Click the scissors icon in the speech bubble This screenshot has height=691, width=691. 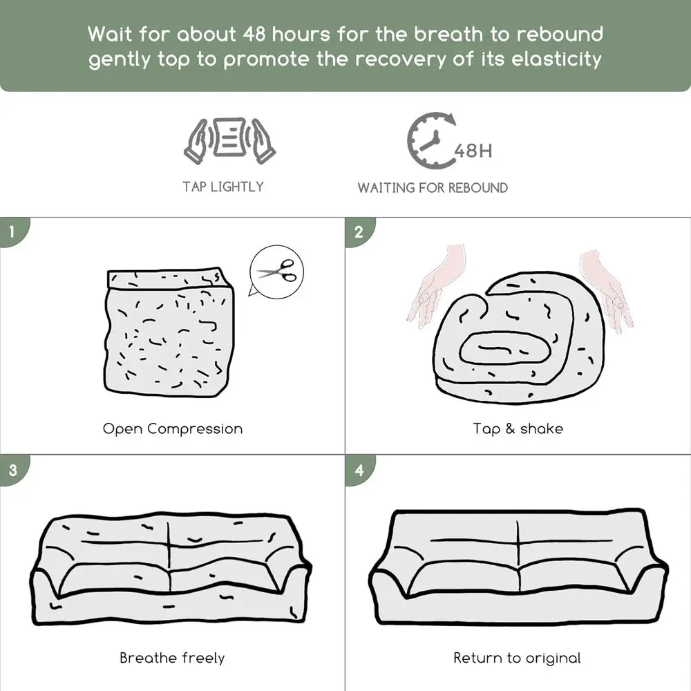(x=278, y=271)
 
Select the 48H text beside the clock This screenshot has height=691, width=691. (x=473, y=151)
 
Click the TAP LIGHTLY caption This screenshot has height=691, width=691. (x=223, y=187)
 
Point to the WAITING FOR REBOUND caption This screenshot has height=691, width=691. (x=433, y=188)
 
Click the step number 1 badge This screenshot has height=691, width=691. (x=13, y=231)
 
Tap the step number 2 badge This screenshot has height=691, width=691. (x=359, y=231)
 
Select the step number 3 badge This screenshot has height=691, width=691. (x=13, y=470)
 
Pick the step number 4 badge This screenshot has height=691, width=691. (x=359, y=470)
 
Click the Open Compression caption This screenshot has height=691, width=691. (x=173, y=429)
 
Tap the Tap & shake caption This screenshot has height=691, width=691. (x=518, y=429)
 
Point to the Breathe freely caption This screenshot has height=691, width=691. (x=172, y=658)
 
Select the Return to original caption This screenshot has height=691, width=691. (x=517, y=658)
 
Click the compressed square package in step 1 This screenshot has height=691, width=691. (x=169, y=332)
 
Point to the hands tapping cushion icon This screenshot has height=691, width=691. (x=229, y=140)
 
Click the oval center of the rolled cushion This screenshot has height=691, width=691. (x=505, y=348)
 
